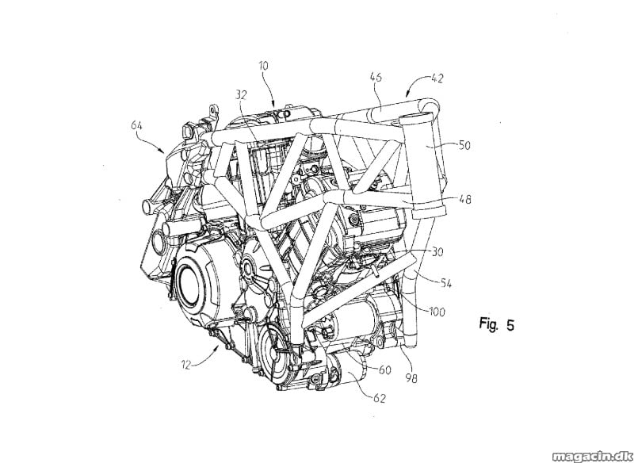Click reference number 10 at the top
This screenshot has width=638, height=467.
click(264, 66)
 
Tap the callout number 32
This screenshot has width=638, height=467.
click(241, 95)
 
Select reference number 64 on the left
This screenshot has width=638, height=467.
click(136, 126)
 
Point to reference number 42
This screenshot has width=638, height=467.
click(437, 78)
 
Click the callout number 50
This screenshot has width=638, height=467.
click(464, 145)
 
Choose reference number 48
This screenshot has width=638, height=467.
click(465, 199)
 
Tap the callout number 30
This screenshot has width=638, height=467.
click(437, 252)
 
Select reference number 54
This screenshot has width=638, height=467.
click(445, 282)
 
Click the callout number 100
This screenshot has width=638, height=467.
click(437, 312)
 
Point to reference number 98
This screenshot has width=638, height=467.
click(411, 378)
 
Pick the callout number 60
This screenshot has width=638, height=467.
click(384, 369)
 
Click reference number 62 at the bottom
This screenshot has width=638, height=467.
click(379, 398)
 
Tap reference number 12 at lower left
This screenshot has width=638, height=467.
click(185, 365)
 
